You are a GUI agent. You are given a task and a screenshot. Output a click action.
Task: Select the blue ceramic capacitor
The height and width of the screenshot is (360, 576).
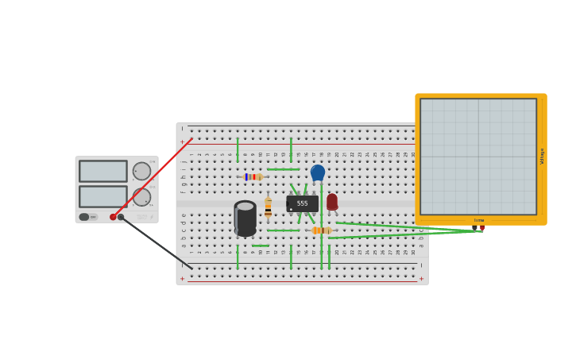point(318,172)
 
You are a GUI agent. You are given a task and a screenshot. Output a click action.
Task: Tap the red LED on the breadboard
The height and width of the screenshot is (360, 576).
point(332,202)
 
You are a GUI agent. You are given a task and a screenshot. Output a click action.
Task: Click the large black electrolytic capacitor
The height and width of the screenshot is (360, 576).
point(245,219)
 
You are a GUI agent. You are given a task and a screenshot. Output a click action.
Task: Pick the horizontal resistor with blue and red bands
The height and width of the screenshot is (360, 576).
point(253,176)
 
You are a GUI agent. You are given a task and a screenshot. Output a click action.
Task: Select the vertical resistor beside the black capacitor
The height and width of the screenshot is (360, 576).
point(268,208)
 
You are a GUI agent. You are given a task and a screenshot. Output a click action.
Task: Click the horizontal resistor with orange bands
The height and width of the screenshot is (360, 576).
point(322,230)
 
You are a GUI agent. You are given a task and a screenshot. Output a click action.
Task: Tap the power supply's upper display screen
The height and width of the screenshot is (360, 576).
point(102,171)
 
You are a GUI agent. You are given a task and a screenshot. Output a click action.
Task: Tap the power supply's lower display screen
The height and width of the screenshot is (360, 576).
point(102,196)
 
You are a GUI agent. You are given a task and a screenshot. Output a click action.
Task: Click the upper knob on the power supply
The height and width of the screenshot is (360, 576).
point(141,171)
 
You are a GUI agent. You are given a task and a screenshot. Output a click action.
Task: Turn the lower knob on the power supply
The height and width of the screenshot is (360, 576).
point(141,196)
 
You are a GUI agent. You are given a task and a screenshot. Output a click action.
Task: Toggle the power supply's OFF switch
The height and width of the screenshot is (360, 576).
point(84,217)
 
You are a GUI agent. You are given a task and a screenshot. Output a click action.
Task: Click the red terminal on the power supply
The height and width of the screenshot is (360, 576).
point(113,217)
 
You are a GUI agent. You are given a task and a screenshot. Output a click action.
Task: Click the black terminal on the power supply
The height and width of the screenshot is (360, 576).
point(121,217)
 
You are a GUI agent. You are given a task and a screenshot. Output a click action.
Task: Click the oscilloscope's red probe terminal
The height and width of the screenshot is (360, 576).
point(482,227)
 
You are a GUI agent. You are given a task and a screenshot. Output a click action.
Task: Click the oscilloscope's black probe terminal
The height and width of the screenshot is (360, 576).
point(474,227)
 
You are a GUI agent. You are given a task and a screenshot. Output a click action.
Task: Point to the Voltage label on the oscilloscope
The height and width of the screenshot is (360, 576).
point(542,156)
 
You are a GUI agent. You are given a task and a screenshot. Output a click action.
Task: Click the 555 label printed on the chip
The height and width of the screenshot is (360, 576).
point(302,203)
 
